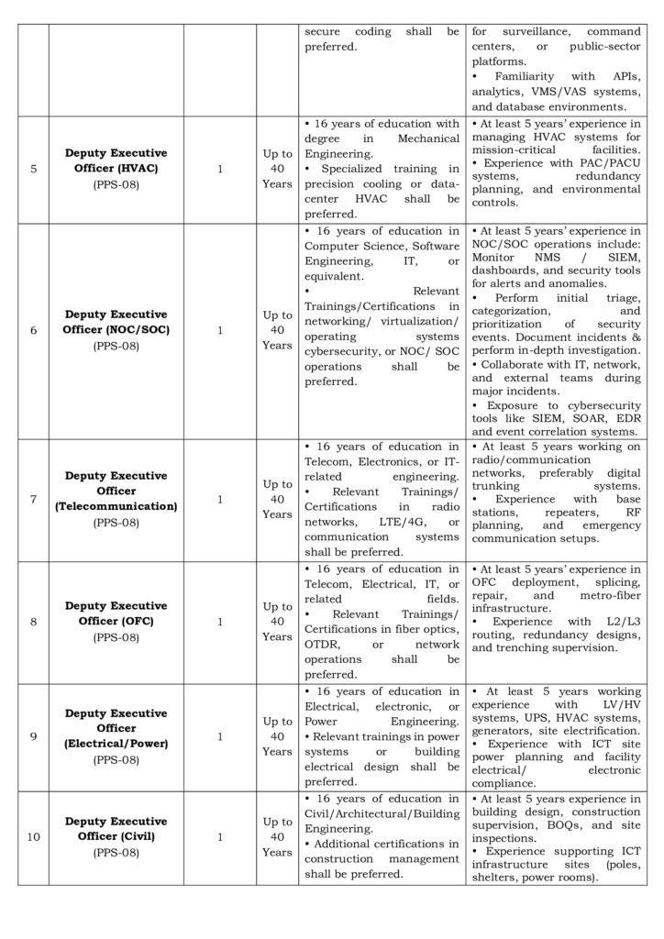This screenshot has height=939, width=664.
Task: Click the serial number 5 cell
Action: coord(33,169)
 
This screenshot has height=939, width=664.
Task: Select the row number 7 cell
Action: coord(33,500)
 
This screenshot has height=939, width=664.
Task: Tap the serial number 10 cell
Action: coord(33,837)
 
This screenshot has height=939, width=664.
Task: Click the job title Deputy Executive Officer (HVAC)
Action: coord(116,159)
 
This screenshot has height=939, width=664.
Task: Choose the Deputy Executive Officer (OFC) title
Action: coord(116,613)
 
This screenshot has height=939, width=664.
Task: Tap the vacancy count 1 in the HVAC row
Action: coord(220,169)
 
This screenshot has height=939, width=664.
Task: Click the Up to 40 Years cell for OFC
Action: coord(277,622)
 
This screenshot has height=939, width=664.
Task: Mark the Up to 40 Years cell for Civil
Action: coord(277,837)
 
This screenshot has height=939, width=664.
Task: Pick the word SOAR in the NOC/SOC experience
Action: coord(573,418)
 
